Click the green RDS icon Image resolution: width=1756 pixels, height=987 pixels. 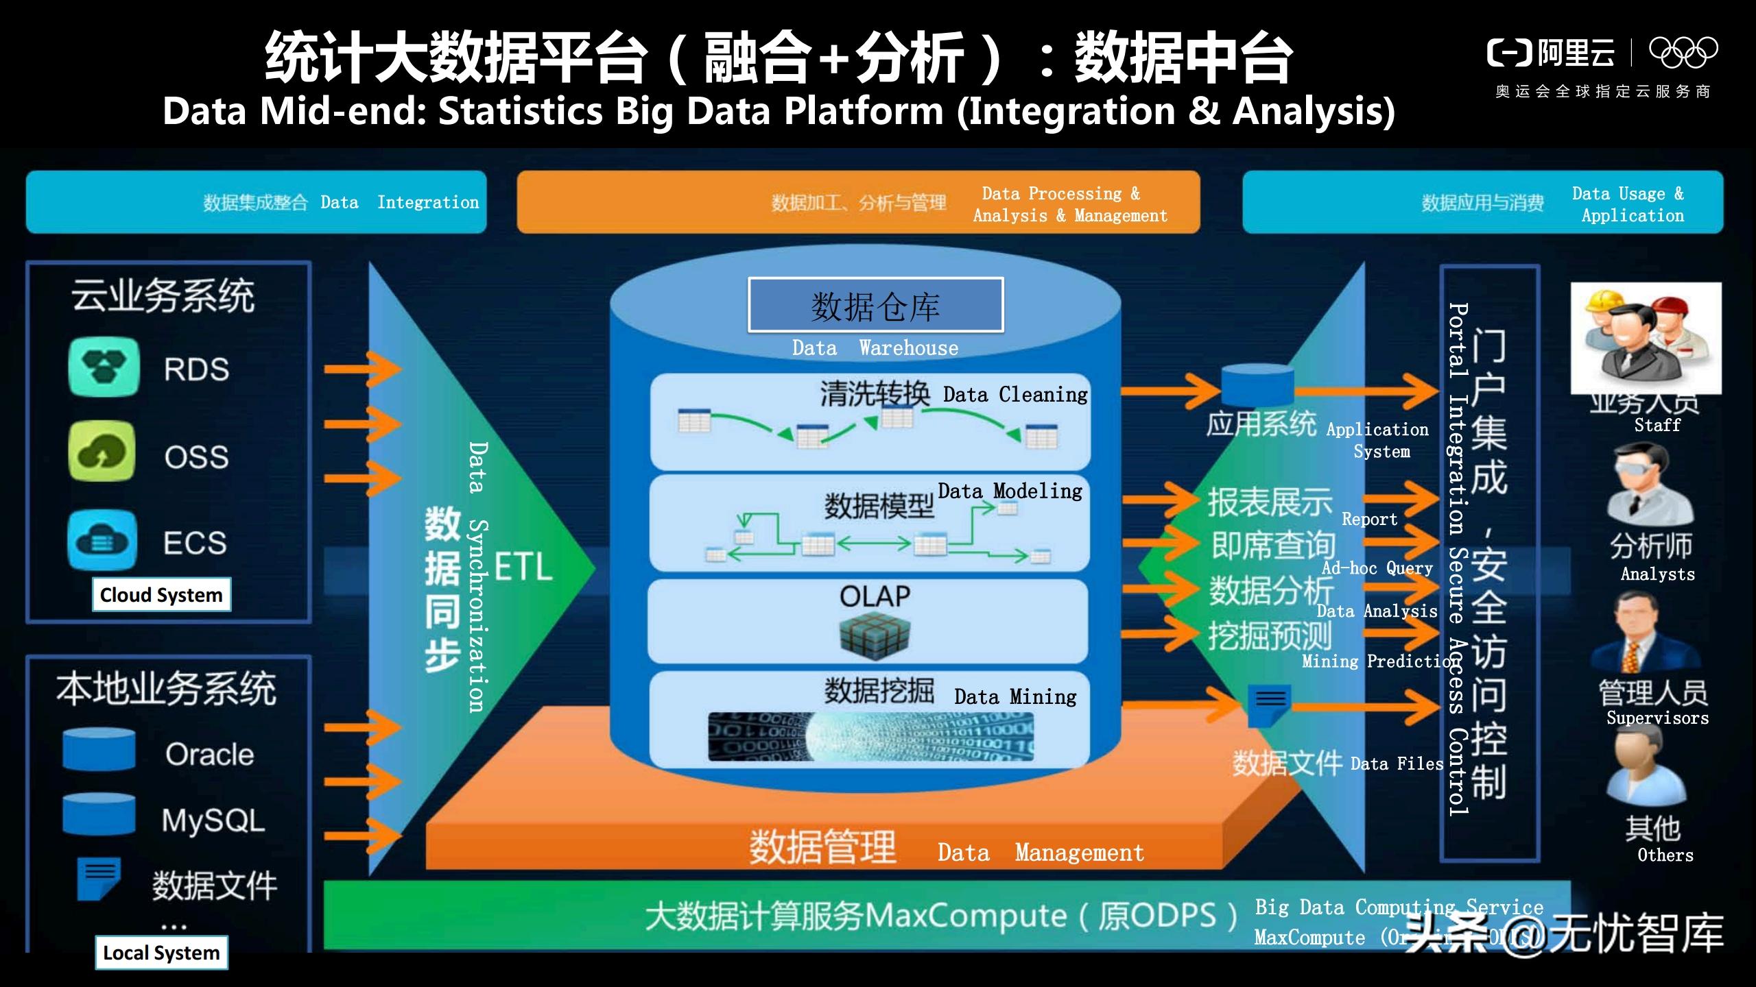point(104,367)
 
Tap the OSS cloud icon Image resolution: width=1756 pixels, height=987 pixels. point(102,452)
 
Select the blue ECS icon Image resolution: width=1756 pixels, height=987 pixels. point(102,541)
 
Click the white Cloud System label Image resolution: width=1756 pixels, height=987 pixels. point(161,594)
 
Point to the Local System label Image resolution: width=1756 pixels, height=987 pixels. point(161,953)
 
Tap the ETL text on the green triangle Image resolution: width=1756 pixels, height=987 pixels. point(523,568)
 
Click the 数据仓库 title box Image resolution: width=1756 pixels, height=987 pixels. point(875,305)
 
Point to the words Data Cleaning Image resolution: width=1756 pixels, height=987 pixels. point(1015,395)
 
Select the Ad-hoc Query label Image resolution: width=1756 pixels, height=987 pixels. point(1377,568)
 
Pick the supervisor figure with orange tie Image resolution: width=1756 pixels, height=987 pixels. point(1646,633)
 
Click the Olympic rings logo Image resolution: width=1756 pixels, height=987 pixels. point(1683,52)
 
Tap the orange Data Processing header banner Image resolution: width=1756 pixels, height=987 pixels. point(858,203)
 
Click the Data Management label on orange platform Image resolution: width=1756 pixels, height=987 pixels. point(1040,853)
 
